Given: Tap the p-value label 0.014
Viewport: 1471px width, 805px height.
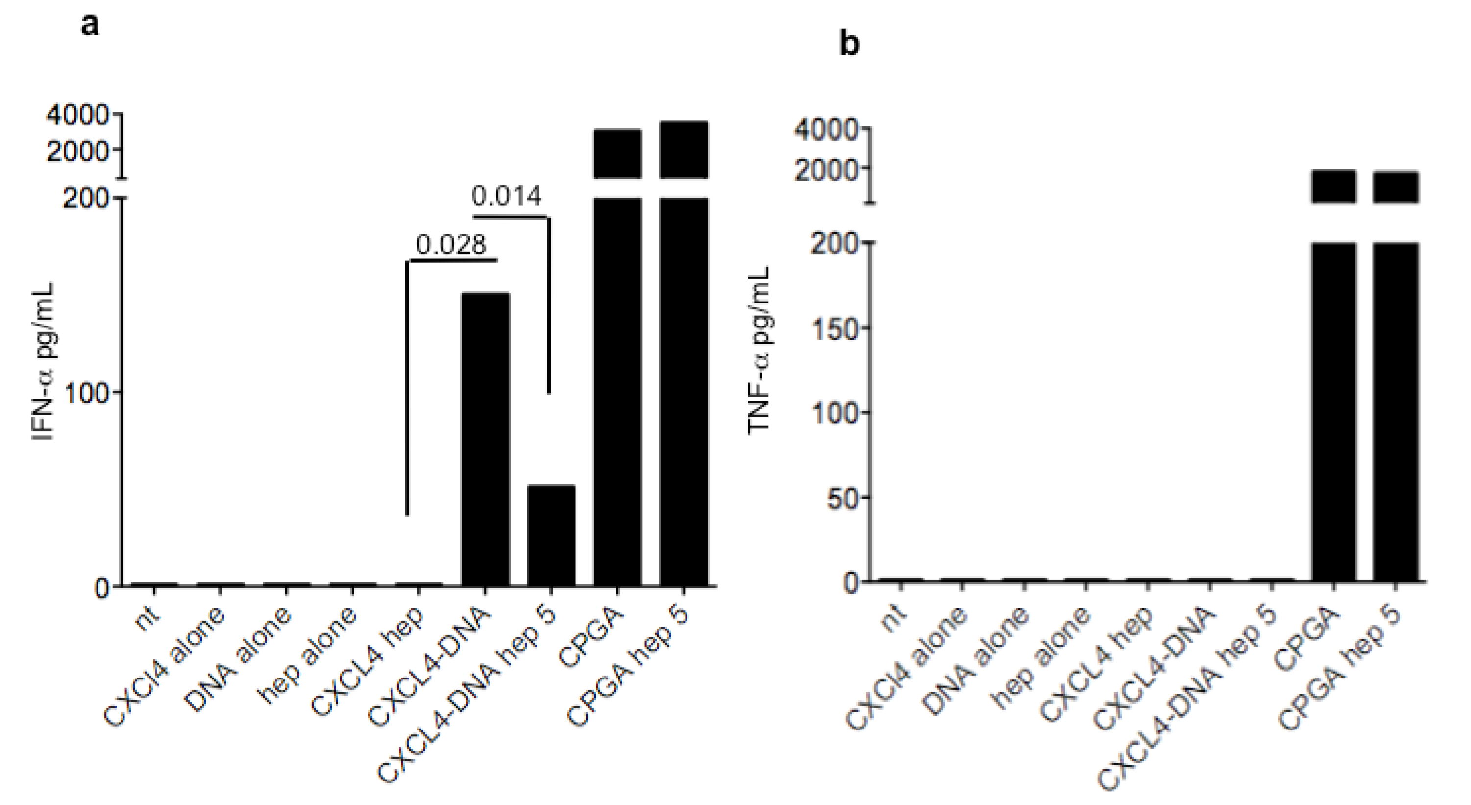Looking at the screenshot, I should click(506, 196).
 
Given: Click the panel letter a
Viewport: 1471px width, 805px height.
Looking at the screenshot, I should click(90, 25).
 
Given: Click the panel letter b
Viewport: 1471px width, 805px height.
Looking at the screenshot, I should click(849, 44).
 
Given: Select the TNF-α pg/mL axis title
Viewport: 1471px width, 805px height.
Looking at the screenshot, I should click(760, 350).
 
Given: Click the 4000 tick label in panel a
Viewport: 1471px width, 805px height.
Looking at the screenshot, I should click(77, 116).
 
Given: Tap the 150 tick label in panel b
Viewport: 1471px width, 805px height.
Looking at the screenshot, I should click(835, 328).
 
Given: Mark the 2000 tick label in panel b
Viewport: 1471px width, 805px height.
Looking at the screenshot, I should click(826, 169).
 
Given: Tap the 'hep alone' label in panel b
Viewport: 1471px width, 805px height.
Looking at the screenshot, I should click(1043, 657).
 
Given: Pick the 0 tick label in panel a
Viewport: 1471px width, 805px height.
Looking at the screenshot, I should click(103, 588).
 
